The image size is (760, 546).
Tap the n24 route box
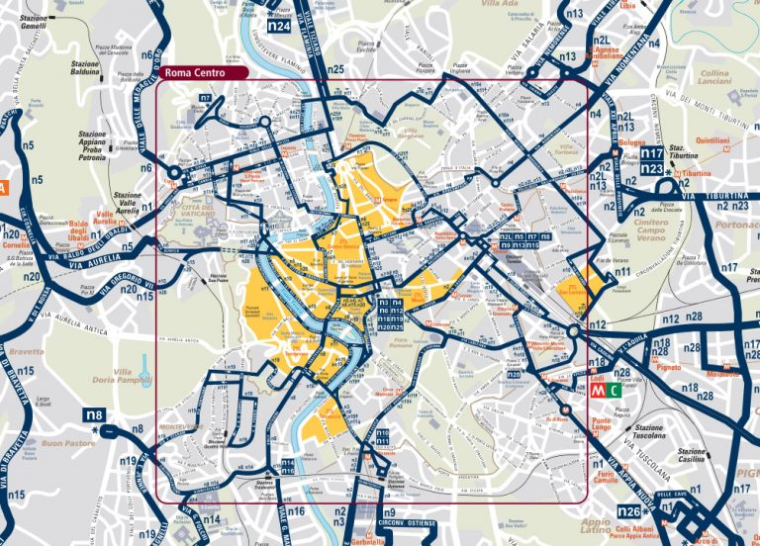pos(280,27)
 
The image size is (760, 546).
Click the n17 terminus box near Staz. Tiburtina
pos(650,154)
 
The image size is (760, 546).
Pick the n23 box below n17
pos(650,169)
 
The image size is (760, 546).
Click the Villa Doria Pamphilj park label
pos(135,376)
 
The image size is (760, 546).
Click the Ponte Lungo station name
pos(602,425)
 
